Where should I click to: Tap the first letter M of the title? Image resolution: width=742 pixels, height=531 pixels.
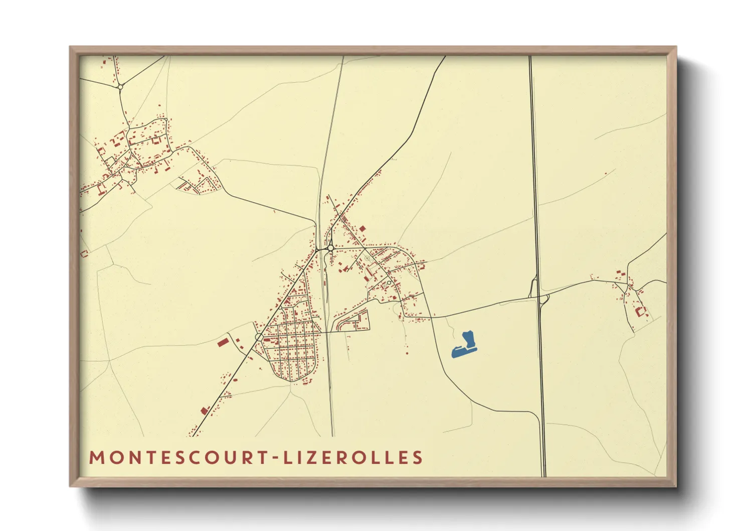96,458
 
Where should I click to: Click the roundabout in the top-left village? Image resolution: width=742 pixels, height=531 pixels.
120,87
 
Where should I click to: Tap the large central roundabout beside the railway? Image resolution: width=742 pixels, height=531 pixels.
330,248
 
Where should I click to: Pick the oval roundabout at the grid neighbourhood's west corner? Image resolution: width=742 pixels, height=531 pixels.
258,337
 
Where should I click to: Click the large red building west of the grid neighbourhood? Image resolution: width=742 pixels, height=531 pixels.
223,343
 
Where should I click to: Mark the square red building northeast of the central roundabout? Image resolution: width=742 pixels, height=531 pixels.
362,229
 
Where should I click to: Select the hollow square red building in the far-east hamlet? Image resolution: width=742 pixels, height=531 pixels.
640,311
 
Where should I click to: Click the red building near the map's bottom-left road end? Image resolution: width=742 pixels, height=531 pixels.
204,411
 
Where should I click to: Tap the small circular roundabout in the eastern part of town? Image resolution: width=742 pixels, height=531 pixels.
389,283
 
